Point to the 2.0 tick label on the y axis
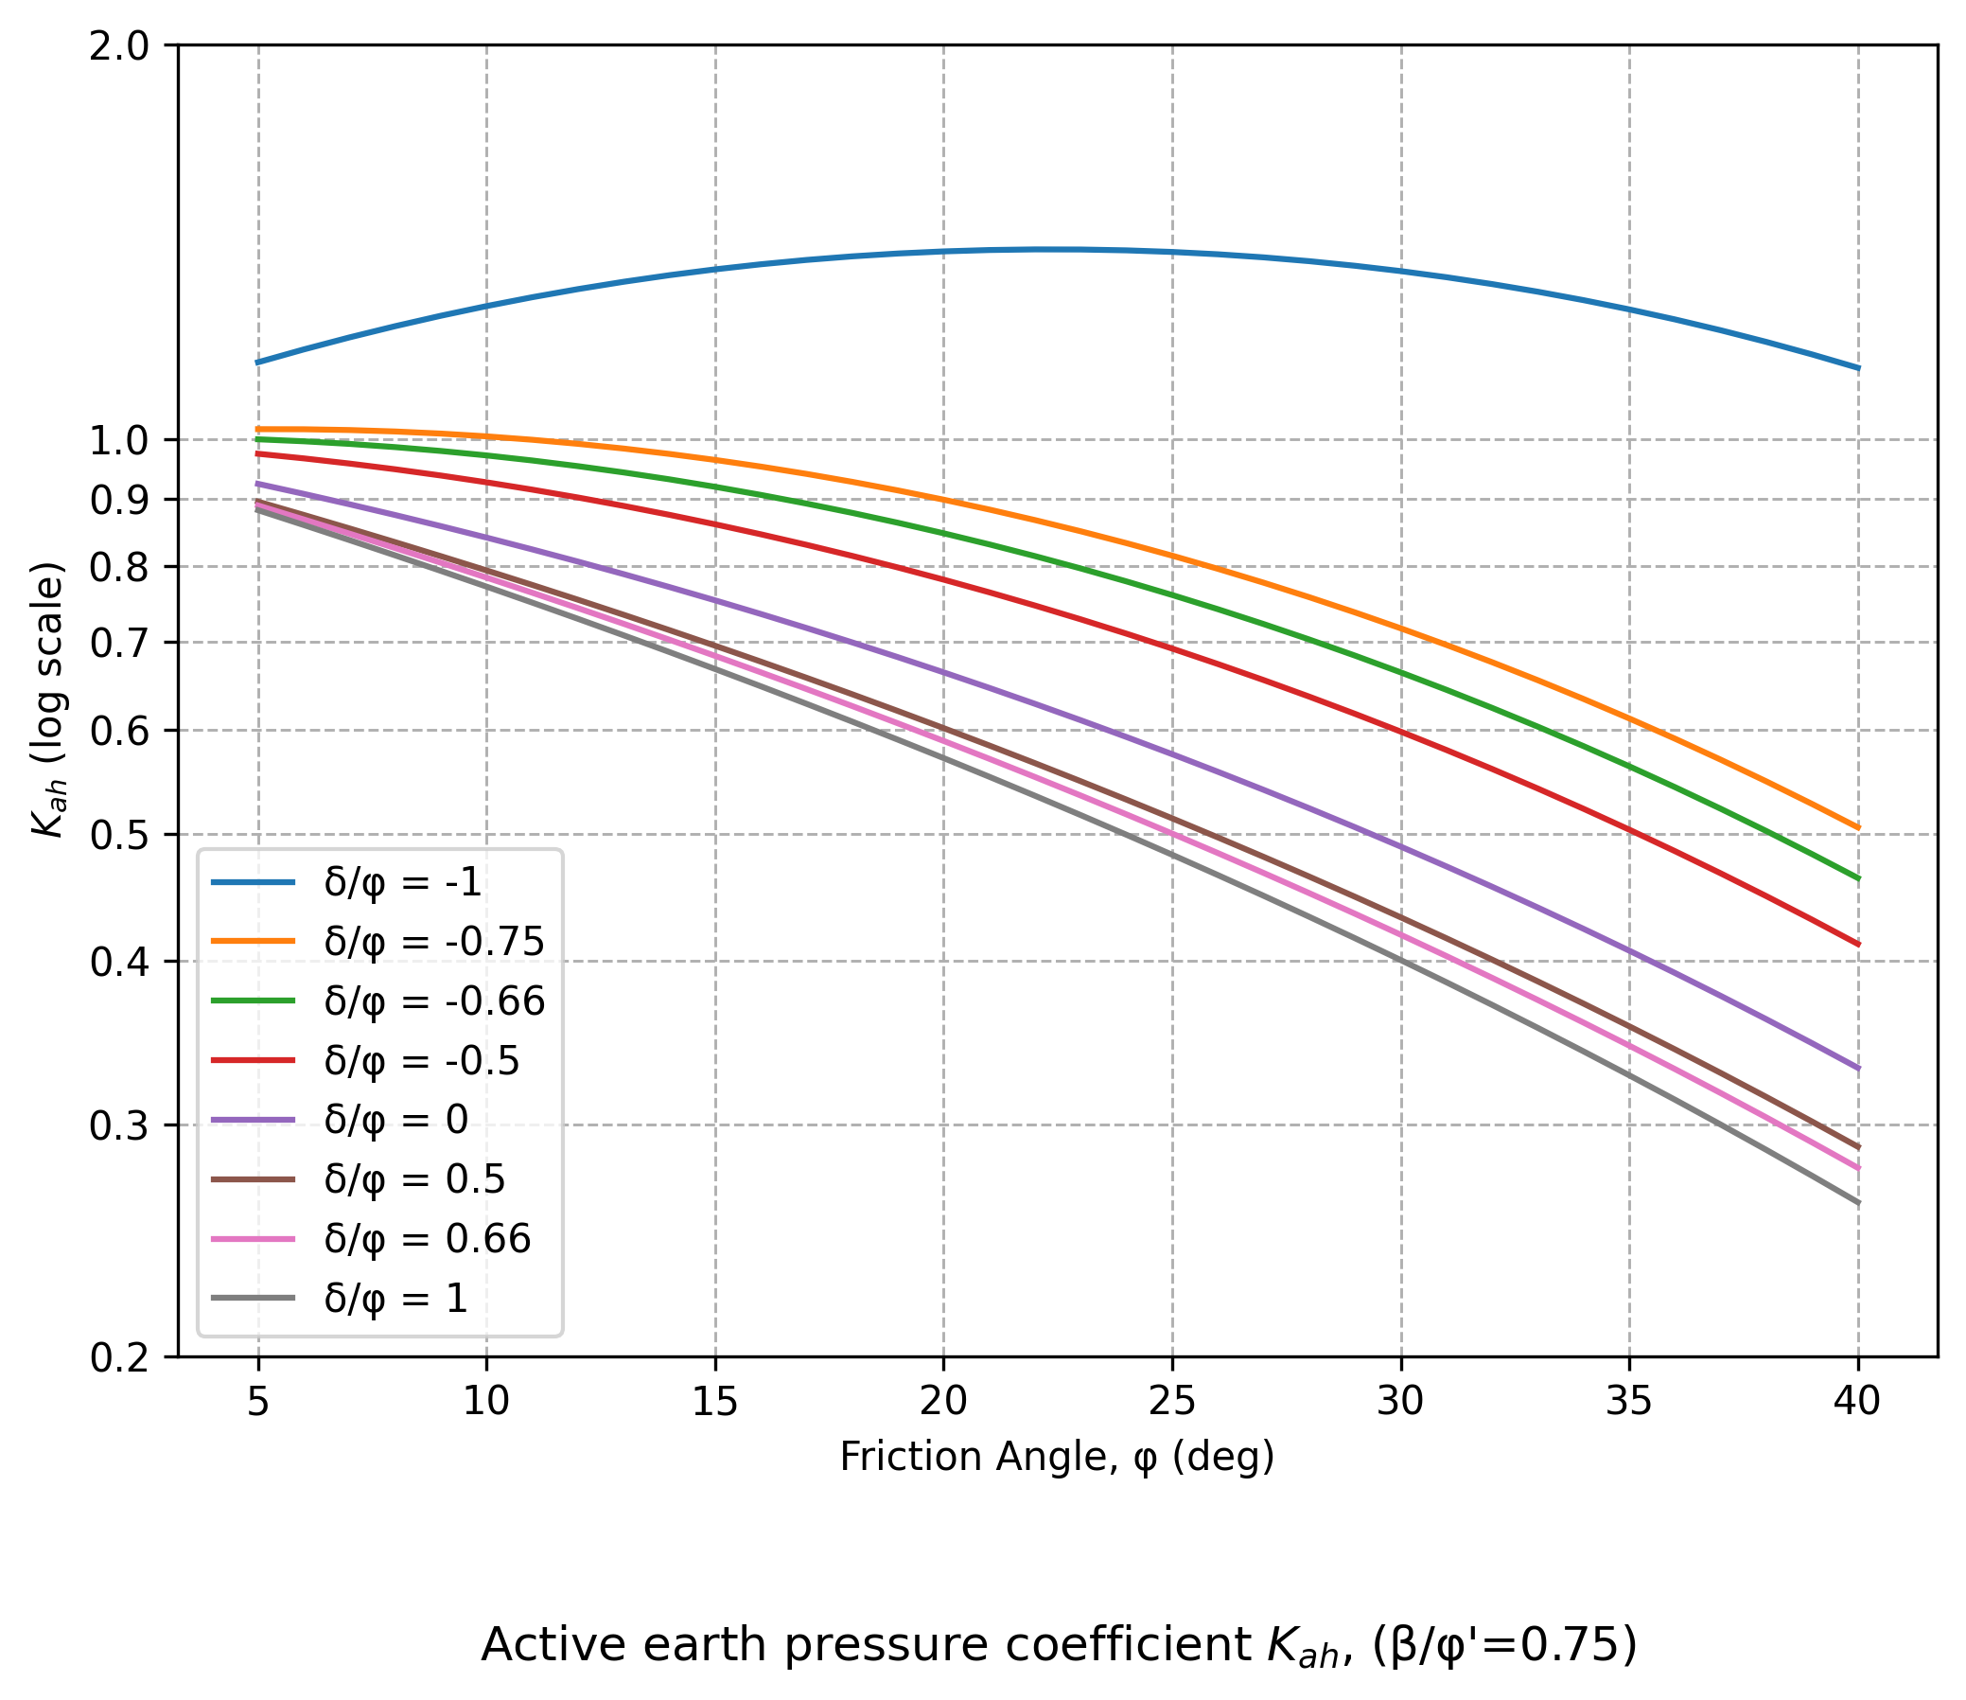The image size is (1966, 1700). tap(119, 46)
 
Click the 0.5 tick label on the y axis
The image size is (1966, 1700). tap(119, 835)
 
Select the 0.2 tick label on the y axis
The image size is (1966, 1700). tap(119, 1358)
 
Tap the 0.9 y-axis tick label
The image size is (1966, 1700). tap(119, 500)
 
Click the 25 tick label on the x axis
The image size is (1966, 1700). tap(1172, 1402)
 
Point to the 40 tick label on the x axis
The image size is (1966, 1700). tap(1858, 1402)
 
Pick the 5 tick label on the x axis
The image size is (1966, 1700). tap(258, 1402)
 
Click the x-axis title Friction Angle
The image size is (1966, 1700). tap(1057, 1457)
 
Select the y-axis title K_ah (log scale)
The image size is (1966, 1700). tap(47, 700)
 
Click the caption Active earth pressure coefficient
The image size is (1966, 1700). tap(1059, 1646)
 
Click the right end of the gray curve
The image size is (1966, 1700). tap(1858, 1203)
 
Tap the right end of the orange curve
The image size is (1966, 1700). tap(1858, 827)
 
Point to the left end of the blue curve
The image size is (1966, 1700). tap(258, 362)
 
